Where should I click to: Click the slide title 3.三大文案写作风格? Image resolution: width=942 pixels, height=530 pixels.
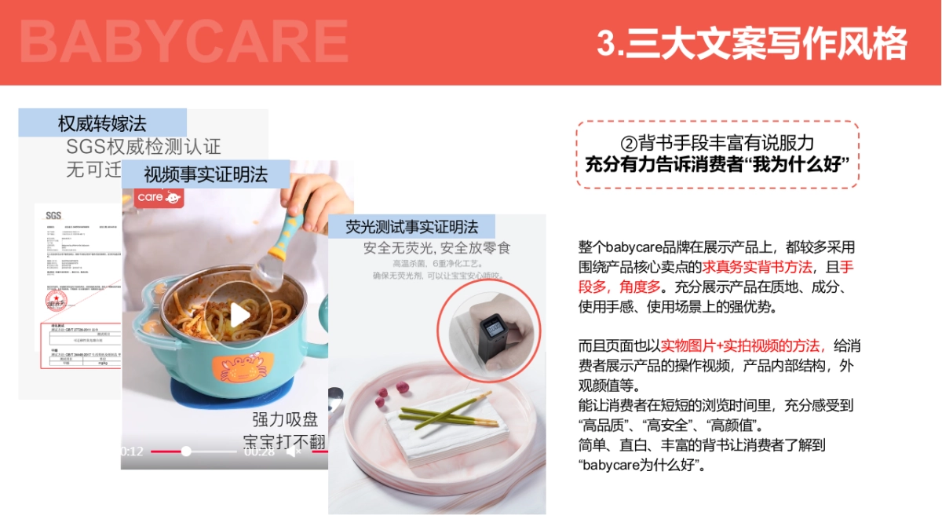pos(751,43)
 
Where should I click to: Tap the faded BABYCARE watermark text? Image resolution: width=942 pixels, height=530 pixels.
pos(184,41)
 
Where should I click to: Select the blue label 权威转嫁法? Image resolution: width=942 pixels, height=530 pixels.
pos(102,123)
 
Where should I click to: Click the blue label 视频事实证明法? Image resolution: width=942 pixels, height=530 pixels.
pos(206,174)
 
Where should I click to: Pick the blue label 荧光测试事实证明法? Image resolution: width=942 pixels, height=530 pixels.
pos(412,227)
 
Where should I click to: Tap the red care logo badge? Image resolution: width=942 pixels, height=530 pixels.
pos(159,197)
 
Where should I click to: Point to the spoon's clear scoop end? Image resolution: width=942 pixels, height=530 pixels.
pos(267,272)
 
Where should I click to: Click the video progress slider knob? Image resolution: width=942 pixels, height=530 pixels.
pos(186,451)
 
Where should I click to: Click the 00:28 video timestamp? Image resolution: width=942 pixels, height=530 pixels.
pos(259,451)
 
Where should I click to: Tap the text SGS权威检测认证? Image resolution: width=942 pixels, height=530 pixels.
pos(144,147)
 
